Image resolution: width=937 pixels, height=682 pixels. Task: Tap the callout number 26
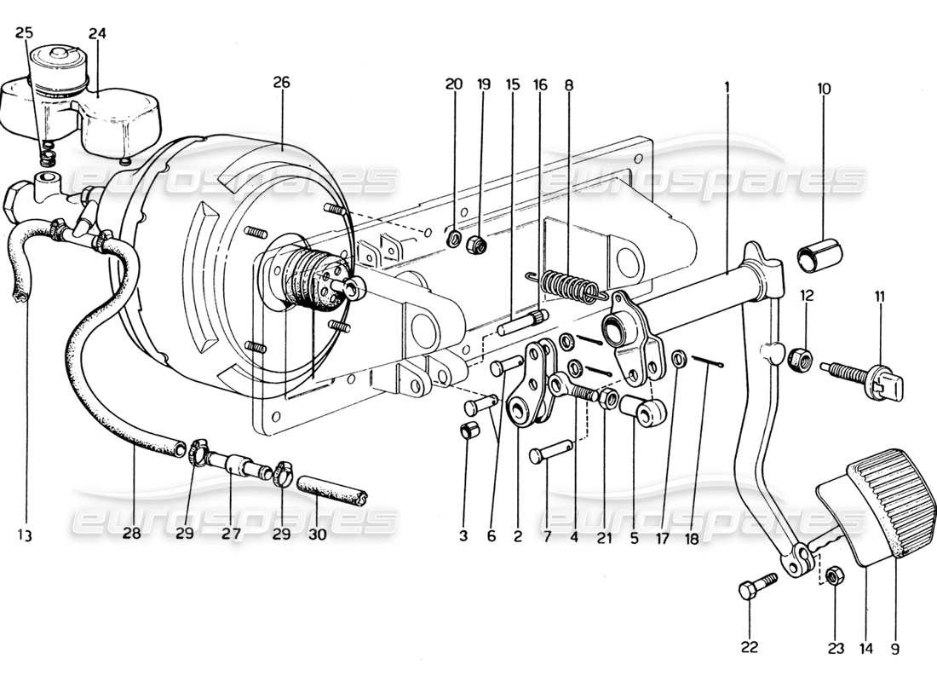[282, 83]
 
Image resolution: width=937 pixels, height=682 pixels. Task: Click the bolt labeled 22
[759, 587]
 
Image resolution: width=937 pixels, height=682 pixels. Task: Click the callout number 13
[25, 535]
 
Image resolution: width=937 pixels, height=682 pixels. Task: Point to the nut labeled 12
[800, 359]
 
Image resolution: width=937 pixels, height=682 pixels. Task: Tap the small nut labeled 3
[468, 431]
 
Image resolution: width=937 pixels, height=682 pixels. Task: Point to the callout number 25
[25, 32]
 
